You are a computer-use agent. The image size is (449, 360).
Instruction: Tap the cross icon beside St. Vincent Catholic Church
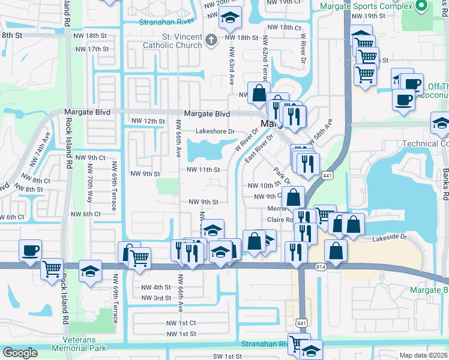[209, 40]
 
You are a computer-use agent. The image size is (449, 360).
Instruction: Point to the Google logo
[20, 353]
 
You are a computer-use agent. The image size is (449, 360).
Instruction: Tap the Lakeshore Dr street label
[214, 131]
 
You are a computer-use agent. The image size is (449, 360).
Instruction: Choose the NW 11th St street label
[203, 170]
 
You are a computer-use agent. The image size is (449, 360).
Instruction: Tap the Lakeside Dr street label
[390, 237]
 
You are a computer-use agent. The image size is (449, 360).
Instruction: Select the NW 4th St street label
[156, 287]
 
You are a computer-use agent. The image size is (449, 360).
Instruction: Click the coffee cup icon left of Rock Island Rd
[30, 251]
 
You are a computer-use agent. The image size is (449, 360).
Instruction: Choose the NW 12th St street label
[148, 121]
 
